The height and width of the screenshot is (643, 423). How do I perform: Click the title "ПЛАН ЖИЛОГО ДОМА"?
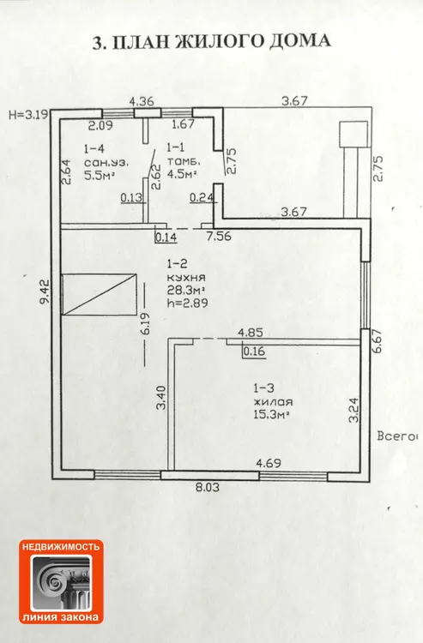[221, 42]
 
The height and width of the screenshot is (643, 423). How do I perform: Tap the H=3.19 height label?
[28, 114]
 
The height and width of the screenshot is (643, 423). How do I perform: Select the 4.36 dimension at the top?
[142, 101]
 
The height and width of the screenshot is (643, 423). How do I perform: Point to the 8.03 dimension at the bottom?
[207, 487]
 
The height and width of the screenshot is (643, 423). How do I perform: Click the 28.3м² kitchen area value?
[186, 291]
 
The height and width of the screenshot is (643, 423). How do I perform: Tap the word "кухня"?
[186, 277]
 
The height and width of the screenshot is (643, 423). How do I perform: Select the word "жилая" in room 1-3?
[273, 401]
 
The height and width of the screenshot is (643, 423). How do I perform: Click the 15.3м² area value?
[272, 414]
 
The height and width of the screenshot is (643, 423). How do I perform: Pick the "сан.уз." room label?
[106, 162]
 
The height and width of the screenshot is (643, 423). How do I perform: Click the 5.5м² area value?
[99, 175]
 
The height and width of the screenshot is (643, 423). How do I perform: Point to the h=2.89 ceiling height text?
[187, 303]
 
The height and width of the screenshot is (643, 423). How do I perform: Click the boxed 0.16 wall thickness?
[254, 352]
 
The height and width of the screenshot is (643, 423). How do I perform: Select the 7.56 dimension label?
[219, 237]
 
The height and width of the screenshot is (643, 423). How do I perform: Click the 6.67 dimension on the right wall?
[378, 341]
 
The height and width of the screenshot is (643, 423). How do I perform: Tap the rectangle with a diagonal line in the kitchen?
[99, 294]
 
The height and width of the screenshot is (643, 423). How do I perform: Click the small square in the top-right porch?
[354, 134]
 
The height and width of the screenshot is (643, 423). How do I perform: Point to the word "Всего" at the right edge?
[394, 436]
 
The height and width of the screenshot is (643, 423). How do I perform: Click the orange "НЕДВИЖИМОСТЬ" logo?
[61, 581]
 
